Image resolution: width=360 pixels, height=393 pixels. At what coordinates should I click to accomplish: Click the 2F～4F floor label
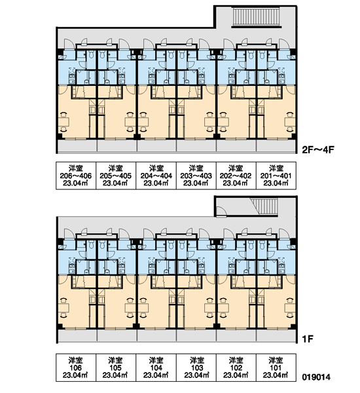(x=318, y=150)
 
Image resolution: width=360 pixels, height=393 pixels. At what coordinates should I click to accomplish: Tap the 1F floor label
(x=308, y=339)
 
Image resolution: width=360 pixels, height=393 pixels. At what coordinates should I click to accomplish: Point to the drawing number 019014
(x=316, y=377)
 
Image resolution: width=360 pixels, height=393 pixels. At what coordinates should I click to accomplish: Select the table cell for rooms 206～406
(x=76, y=176)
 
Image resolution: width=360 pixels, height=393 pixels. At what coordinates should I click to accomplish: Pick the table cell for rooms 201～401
(x=276, y=176)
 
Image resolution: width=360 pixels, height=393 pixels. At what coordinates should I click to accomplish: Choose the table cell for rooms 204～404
(x=156, y=176)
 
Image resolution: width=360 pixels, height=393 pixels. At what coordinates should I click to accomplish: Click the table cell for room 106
(x=76, y=367)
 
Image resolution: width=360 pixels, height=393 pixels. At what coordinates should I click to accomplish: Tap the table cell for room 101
(x=276, y=367)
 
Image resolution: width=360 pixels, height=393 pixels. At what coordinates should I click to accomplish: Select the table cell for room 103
(x=196, y=367)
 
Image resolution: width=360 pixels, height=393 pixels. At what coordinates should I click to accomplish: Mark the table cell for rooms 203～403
(x=196, y=176)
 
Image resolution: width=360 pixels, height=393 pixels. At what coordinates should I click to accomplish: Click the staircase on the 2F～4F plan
(x=256, y=17)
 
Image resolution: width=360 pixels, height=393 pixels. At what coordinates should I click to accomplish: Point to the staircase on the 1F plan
(x=264, y=206)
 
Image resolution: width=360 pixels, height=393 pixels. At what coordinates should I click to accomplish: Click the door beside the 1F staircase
(x=221, y=211)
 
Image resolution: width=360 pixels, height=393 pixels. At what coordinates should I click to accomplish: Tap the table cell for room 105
(x=116, y=367)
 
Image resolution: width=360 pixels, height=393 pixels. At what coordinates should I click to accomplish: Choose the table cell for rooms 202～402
(x=236, y=176)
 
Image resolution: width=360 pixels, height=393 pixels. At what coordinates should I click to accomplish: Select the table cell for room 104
(x=156, y=367)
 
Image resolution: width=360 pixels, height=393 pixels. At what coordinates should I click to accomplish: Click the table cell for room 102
(x=236, y=367)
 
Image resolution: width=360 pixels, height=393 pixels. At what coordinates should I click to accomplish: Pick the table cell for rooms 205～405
(x=116, y=176)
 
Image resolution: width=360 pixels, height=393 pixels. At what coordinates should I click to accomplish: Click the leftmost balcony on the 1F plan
(x=77, y=335)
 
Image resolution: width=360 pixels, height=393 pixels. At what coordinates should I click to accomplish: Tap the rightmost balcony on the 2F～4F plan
(x=276, y=145)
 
